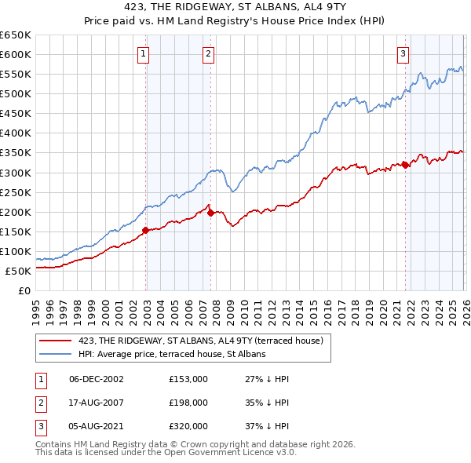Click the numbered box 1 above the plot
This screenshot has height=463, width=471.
pos(144,54)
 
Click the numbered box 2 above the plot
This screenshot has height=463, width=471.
pos(208,54)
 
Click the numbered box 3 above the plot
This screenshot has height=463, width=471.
pos(403,54)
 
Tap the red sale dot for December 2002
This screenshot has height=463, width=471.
pos(146,230)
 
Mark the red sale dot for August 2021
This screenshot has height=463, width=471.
pos(405,164)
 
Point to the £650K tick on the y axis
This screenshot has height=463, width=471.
pos(16,35)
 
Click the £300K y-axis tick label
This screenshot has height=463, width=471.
pos(16,173)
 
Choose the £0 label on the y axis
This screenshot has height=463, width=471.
pos(24,290)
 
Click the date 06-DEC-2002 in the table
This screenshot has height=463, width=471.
pos(96,379)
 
